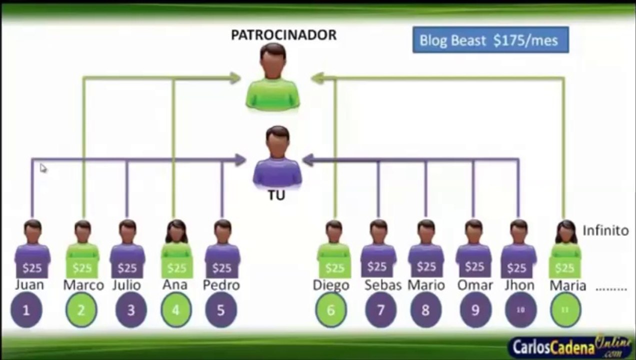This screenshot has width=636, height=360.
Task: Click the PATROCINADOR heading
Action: (283, 35)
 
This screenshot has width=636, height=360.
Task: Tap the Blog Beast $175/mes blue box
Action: (490, 39)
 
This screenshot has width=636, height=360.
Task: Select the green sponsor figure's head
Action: (273, 60)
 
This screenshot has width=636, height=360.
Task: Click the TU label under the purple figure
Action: (276, 195)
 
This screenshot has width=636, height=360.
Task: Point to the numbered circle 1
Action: (26, 309)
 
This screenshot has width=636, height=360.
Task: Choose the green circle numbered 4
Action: (176, 309)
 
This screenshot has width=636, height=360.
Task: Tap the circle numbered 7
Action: (380, 309)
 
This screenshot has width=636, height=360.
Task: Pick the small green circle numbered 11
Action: (565, 309)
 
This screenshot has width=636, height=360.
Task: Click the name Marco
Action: (83, 285)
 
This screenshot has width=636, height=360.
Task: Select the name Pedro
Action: (221, 285)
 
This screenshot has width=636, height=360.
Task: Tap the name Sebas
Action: (382, 285)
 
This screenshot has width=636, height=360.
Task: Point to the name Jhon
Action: (519, 285)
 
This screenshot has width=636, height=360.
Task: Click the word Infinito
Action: (605, 231)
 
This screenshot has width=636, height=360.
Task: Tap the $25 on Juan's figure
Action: (32, 268)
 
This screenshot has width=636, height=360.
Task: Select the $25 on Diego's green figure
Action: (335, 268)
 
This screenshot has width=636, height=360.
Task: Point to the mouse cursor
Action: (43, 168)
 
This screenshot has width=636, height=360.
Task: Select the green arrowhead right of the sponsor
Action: (317, 78)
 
